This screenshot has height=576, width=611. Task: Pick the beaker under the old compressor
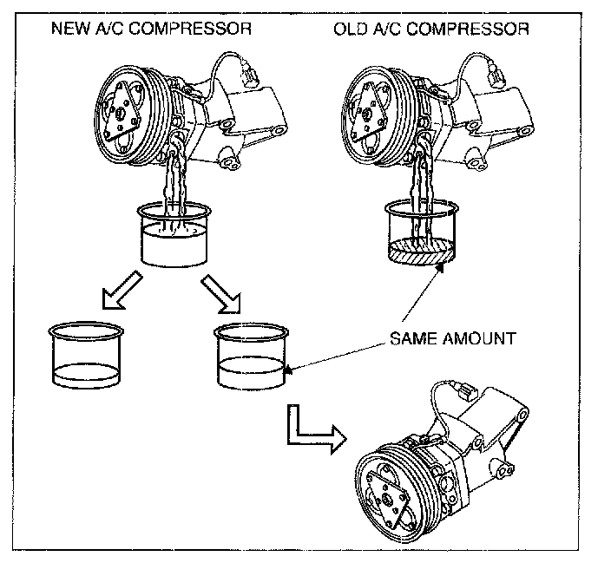pos(421,232)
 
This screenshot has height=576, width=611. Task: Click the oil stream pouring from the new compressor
pos(178,187)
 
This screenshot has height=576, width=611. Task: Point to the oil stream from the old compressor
pos(422,187)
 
